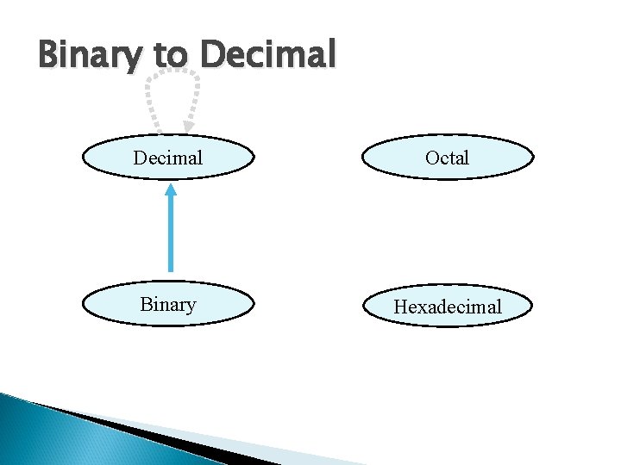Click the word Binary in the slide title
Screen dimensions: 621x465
91,55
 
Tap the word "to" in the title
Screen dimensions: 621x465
171,55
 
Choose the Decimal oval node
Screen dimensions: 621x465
168,158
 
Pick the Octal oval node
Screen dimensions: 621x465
447,158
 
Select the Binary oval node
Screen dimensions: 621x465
168,305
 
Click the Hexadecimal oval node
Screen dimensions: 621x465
447,307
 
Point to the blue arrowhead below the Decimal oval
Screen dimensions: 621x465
171,190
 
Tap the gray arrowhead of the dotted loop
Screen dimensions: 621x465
189,127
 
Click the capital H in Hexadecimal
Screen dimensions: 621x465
400,307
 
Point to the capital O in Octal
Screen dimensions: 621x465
431,158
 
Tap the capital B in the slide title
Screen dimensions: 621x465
50,55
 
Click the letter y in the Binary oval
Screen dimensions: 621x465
191,307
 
